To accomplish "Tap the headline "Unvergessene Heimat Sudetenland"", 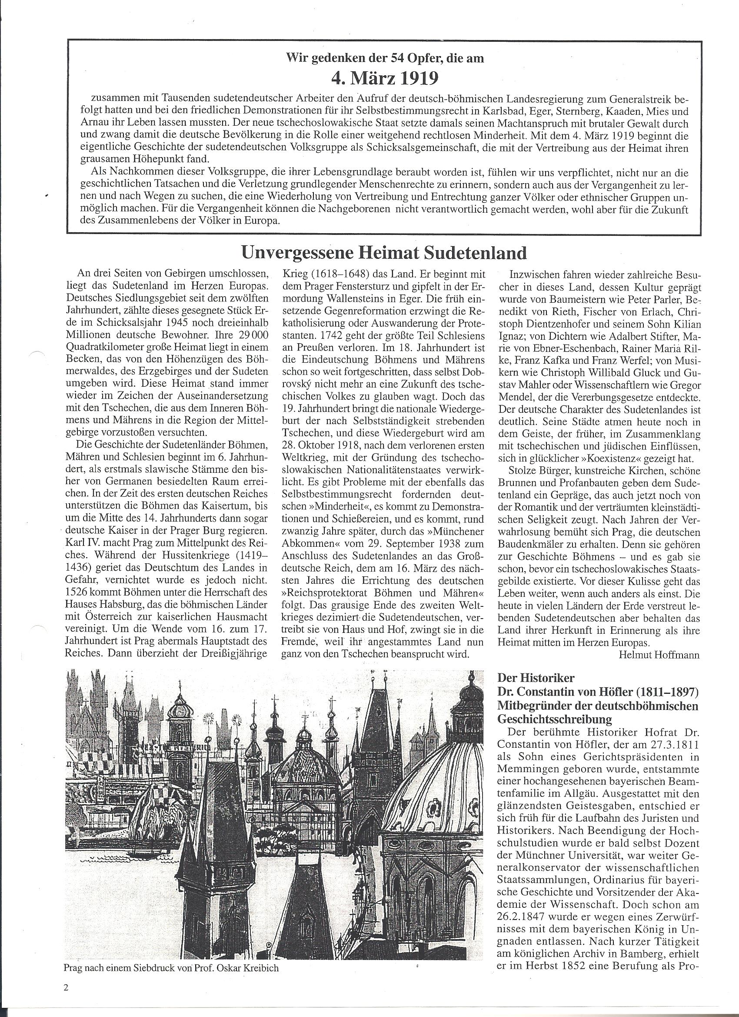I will [384, 253].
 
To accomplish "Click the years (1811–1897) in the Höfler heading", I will [656, 692].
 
